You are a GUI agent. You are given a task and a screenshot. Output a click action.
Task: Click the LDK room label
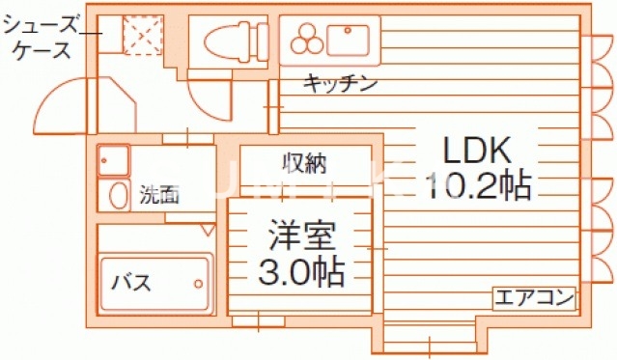click(475, 150)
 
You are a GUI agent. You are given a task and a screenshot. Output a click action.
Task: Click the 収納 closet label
click(304, 163)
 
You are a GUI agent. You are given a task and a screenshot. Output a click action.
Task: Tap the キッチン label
click(340, 83)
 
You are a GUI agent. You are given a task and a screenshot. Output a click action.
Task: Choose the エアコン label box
click(534, 296)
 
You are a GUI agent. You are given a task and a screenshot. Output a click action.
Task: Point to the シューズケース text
click(43, 34)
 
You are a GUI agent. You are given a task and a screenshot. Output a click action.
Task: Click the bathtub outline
click(154, 284)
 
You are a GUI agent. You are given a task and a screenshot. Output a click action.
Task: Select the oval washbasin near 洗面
click(118, 196)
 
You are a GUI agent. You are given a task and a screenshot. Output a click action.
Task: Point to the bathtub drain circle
click(199, 284)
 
